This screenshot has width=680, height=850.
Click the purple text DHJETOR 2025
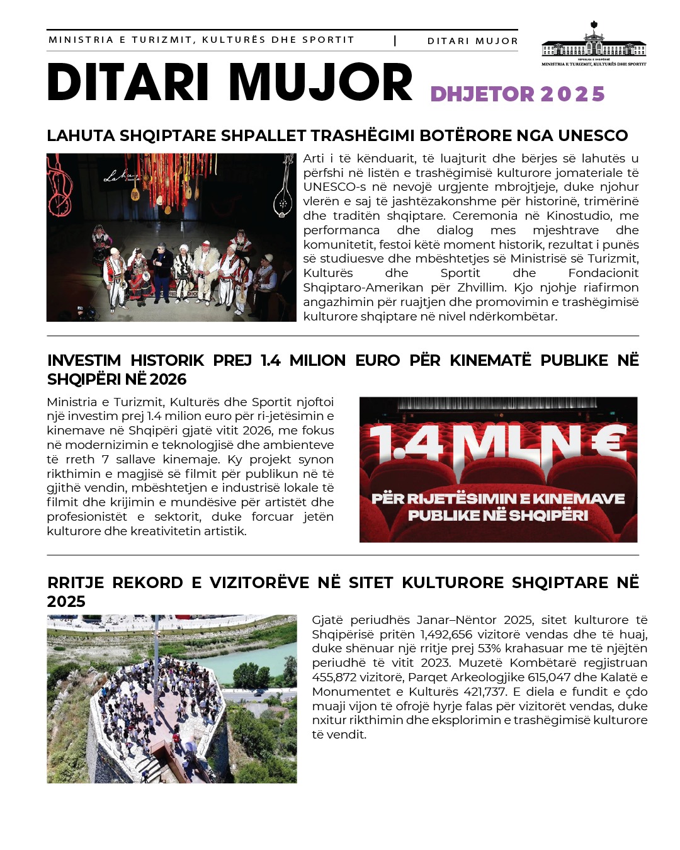[518, 94]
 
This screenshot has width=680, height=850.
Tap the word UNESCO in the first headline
[592, 135]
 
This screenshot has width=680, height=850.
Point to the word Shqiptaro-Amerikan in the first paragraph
[363, 288]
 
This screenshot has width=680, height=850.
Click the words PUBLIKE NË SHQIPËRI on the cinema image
[497, 516]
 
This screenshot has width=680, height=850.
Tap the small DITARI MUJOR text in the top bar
[472, 41]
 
